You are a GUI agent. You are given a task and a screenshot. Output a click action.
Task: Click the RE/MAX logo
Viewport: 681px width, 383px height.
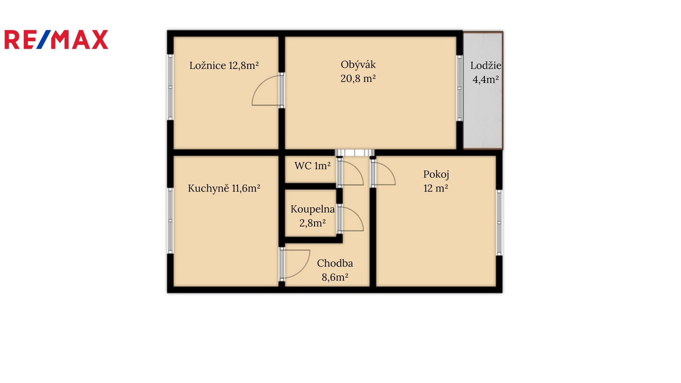coord(56,40)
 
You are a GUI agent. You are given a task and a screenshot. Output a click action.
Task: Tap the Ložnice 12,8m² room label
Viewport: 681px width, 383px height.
coord(224,66)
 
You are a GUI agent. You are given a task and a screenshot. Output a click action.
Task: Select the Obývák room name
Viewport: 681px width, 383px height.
coord(358,65)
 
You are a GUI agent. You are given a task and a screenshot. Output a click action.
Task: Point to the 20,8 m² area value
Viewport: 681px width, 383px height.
coord(358,79)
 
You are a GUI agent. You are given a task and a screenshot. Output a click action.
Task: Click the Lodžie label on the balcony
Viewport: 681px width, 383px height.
coord(486,66)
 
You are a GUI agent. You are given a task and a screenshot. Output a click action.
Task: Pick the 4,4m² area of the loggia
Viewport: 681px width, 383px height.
coord(486,80)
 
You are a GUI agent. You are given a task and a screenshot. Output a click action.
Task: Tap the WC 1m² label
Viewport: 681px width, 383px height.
coord(312,166)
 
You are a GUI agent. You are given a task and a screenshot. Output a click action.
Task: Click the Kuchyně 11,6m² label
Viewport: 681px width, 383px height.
coord(224,189)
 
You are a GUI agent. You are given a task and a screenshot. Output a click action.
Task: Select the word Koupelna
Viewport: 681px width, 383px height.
coord(312,209)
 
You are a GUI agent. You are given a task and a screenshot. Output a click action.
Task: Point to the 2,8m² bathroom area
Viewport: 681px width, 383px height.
coord(312,223)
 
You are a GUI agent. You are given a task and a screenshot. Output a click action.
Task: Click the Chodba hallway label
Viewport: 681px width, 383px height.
coord(335,263)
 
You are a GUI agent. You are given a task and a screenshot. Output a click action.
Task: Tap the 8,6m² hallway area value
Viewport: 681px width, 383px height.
coord(335,277)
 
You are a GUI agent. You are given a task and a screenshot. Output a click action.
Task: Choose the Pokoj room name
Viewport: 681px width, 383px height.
coord(436,174)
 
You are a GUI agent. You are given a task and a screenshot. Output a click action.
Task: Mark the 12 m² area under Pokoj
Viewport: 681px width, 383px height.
coord(436,189)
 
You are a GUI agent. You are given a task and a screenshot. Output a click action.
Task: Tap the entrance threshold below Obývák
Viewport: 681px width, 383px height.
coord(355,153)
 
